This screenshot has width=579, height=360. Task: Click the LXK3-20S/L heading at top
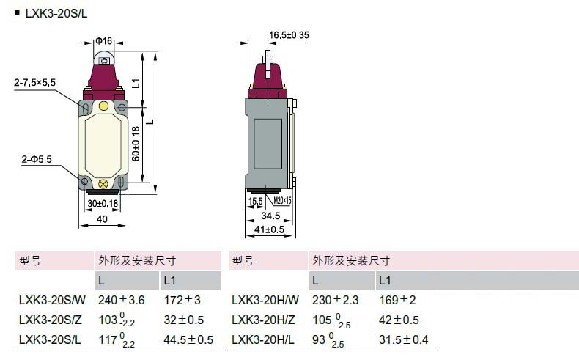[56, 14]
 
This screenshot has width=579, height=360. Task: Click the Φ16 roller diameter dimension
[104, 40]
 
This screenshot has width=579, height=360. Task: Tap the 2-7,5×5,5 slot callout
[34, 82]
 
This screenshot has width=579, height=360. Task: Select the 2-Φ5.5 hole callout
[37, 159]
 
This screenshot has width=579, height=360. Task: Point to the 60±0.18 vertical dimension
[136, 144]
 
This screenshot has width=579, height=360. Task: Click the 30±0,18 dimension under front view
[103, 203]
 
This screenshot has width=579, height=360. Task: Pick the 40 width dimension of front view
[102, 219]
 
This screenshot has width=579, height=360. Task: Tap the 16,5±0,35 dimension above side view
[289, 35]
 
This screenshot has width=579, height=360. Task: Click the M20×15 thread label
[282, 200]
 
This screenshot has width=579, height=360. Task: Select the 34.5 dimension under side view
[270, 216]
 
